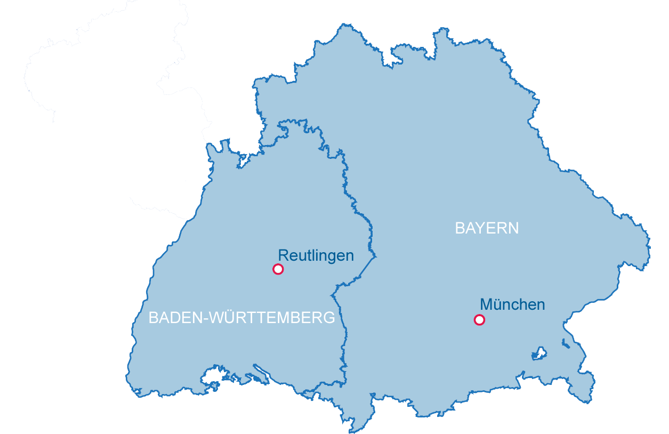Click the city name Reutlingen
pyautogui.click(x=316, y=256)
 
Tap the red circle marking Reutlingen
pyautogui.click(x=278, y=269)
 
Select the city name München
pyautogui.click(x=512, y=305)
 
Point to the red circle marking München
pyautogui.click(x=479, y=320)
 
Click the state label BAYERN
pyautogui.click(x=487, y=229)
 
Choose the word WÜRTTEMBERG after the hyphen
pyautogui.click(x=272, y=318)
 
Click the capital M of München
pyautogui.click(x=486, y=305)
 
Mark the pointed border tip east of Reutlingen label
pyautogui.click(x=376, y=257)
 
